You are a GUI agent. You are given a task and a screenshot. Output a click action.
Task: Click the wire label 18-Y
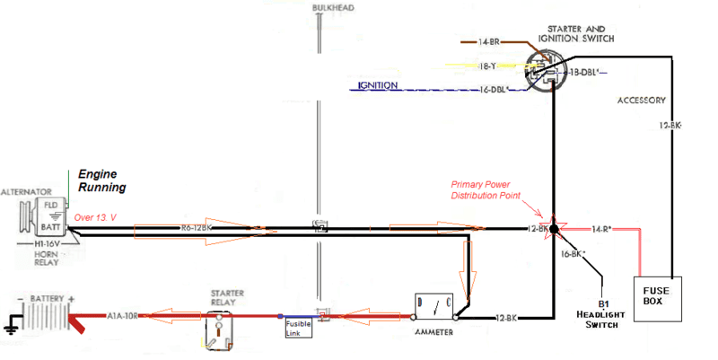tap(487, 66)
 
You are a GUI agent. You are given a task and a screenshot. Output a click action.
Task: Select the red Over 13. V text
tap(97, 217)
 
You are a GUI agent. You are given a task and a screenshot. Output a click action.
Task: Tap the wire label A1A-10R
tap(123, 316)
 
